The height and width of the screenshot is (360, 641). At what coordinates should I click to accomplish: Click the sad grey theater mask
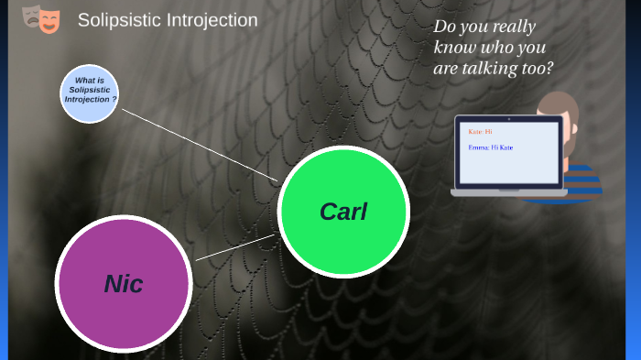(31, 16)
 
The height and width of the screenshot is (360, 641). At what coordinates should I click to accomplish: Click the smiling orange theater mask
(49, 20)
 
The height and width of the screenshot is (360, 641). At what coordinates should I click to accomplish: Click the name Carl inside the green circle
(342, 212)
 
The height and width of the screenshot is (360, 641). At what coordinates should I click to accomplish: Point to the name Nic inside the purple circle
(123, 284)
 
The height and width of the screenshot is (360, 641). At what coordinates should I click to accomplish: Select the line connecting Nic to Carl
(234, 247)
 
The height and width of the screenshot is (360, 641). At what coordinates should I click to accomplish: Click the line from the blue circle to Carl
(197, 143)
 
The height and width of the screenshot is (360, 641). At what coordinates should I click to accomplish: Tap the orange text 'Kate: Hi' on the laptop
(480, 132)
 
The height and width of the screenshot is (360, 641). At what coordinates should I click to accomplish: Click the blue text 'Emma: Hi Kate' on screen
(491, 147)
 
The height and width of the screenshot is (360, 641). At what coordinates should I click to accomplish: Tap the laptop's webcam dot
(508, 119)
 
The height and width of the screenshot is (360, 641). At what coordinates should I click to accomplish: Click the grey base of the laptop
(508, 191)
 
